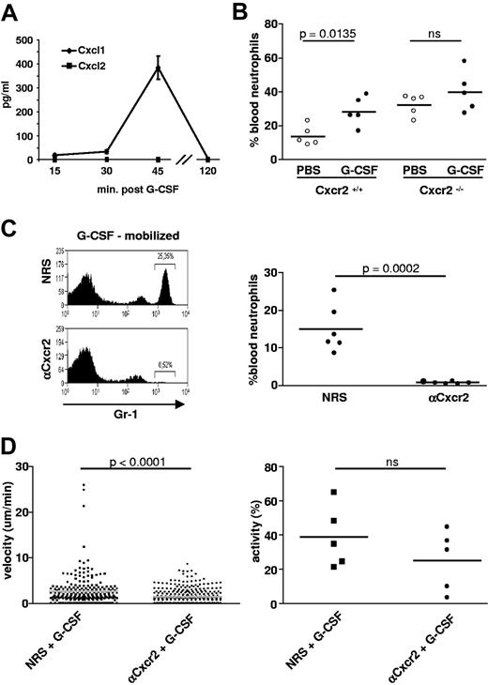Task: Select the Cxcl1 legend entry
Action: click(x=90, y=46)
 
